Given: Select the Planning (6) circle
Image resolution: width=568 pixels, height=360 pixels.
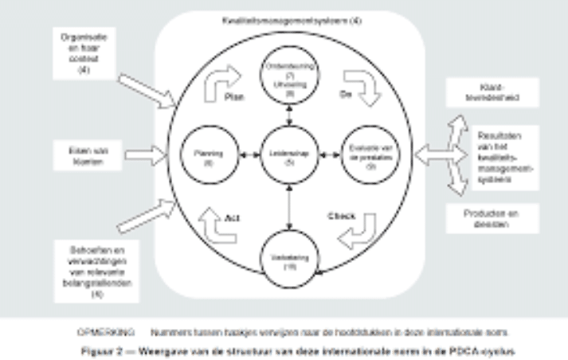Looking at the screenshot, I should pyautogui.click(x=202, y=153).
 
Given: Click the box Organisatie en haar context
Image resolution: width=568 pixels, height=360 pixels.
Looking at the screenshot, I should pyautogui.click(x=83, y=53).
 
